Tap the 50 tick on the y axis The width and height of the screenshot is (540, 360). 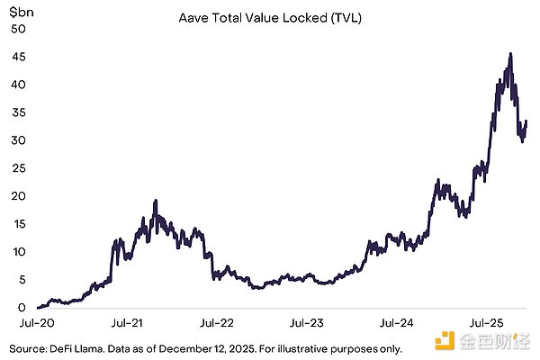pyautogui.click(x=17, y=29)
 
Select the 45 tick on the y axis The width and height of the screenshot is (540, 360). pyautogui.click(x=17, y=57)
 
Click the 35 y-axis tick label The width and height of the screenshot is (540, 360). pyautogui.click(x=17, y=112)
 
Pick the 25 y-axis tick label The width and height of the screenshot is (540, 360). pyautogui.click(x=17, y=168)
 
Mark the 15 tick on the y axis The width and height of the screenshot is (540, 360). pyautogui.click(x=17, y=224)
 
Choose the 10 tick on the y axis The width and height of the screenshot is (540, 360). pyautogui.click(x=17, y=252)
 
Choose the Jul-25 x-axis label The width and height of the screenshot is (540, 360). pyautogui.click(x=490, y=321)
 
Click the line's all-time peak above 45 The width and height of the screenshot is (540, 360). pyautogui.click(x=511, y=54)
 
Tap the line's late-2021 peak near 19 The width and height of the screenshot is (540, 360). pyautogui.click(x=156, y=201)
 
